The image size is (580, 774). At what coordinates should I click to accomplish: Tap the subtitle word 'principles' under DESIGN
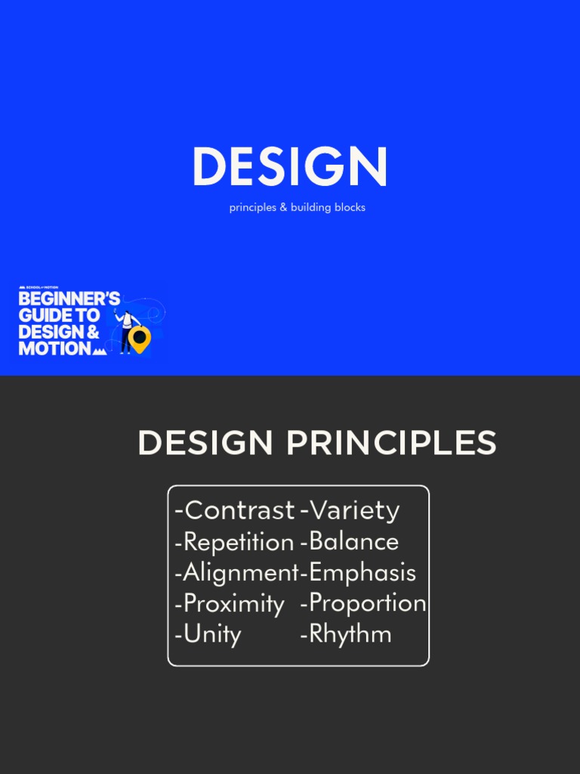coord(253,207)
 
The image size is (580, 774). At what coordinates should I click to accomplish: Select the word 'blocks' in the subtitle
coord(349,207)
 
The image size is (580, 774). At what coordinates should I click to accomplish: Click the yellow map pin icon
coord(139,339)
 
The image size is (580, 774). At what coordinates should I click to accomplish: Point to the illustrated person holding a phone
coord(125,330)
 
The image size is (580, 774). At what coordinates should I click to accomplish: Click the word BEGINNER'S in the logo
coord(69,299)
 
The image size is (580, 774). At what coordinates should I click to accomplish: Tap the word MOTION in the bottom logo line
coord(55,348)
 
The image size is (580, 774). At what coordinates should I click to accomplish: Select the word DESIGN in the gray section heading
coord(205,444)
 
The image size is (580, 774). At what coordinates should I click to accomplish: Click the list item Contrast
coord(239,511)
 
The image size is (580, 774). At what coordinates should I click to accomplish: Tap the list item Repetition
coord(238,542)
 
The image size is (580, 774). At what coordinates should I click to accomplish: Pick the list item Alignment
coord(240,572)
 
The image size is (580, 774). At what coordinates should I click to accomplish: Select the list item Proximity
coord(233,603)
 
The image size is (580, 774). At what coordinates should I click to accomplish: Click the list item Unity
coord(212,634)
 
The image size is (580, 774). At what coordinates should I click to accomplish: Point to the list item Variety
coord(354,511)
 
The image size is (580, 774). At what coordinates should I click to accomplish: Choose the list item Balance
coord(353,542)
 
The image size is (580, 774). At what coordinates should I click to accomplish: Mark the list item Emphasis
coord(362,572)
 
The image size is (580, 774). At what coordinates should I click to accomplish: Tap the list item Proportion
coord(368,603)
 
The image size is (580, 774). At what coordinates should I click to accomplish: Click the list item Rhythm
coord(350,634)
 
